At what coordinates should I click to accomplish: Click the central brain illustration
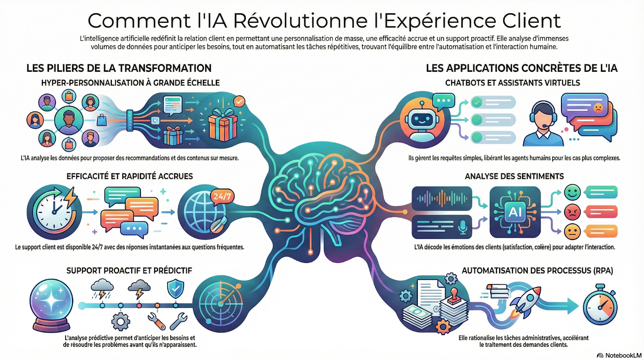[x=322, y=189]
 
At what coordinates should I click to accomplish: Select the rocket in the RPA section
[x=525, y=302]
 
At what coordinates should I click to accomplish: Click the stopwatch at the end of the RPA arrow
[x=600, y=306]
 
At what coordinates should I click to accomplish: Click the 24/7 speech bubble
[x=222, y=196]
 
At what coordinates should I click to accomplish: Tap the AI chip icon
[x=515, y=212]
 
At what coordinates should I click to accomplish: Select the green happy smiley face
[x=572, y=192]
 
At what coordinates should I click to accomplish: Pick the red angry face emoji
[x=572, y=212]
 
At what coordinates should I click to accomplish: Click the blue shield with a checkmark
[x=175, y=289]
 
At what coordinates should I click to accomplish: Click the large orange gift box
[x=222, y=125]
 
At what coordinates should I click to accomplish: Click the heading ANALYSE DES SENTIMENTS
[x=514, y=176]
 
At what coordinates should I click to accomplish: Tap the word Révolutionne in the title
[x=300, y=21]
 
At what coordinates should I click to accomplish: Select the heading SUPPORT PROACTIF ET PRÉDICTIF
[x=129, y=271]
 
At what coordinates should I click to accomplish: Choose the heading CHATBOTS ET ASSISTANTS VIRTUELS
[x=512, y=83]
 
